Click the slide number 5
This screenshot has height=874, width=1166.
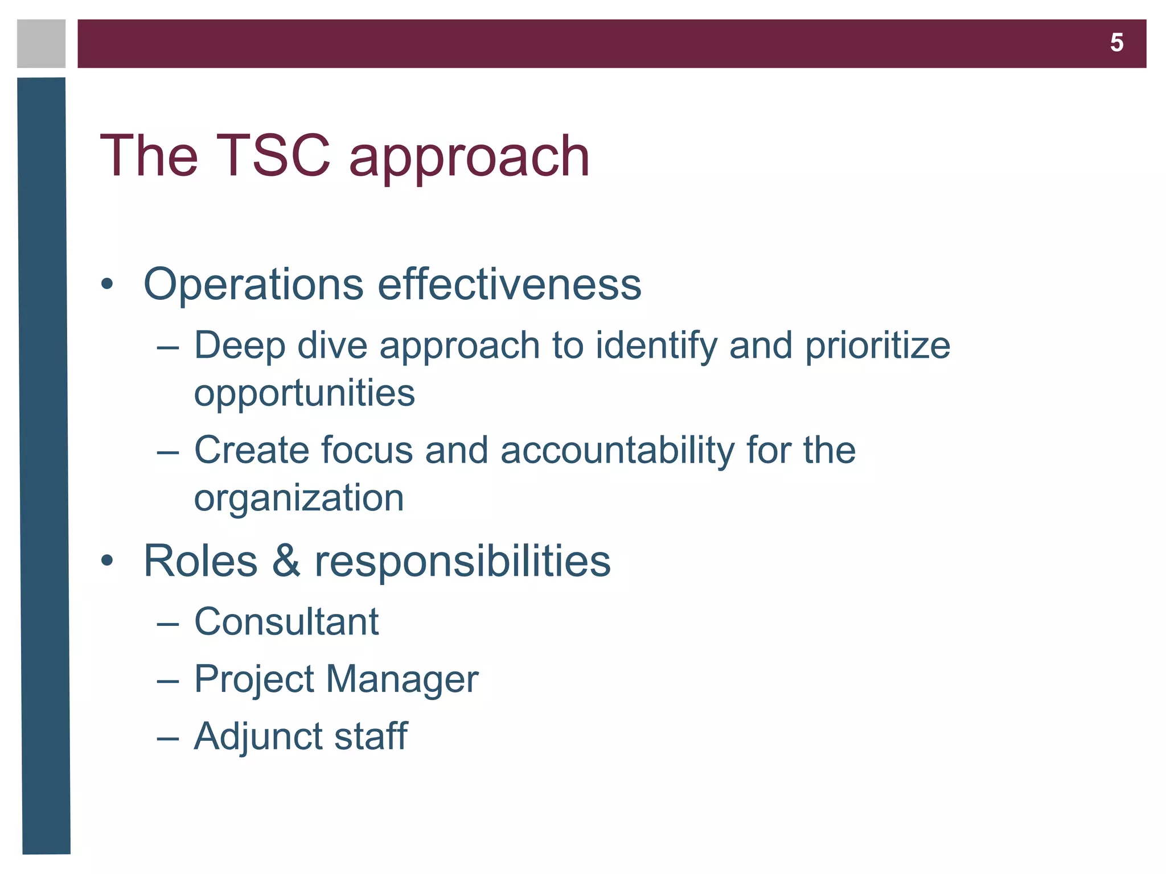point(1116,43)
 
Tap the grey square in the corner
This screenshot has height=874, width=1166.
point(41,44)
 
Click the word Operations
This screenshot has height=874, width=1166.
point(253,285)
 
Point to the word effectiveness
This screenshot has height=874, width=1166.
point(510,284)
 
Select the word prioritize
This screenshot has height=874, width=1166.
point(877,346)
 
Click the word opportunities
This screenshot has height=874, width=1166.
point(305,394)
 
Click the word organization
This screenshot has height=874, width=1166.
point(299,498)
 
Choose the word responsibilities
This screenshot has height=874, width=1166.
point(462,562)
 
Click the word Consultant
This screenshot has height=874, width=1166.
point(286,621)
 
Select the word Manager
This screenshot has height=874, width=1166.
point(402,679)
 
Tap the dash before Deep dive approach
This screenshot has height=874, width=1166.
point(168,347)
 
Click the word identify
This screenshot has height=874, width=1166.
point(656,346)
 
